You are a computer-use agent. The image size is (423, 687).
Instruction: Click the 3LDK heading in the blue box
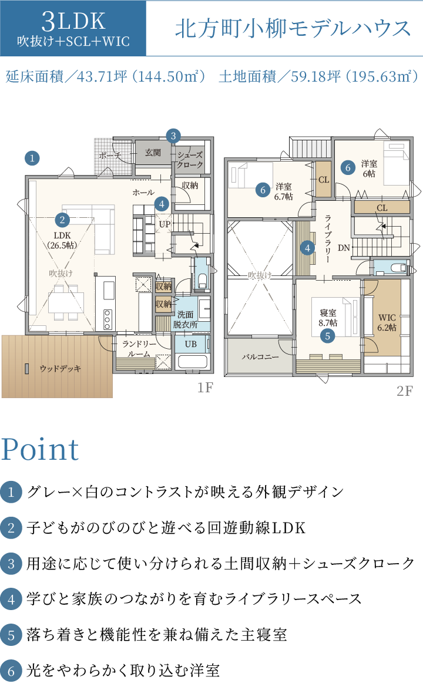[x=73, y=21]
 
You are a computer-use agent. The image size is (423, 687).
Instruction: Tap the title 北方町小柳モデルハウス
[x=293, y=29]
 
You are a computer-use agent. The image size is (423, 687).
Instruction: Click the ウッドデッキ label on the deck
[x=61, y=369]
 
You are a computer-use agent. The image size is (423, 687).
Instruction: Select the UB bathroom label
[x=191, y=344]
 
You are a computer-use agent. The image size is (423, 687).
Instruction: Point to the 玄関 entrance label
[x=153, y=153]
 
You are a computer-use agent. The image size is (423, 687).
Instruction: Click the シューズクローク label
[x=190, y=160]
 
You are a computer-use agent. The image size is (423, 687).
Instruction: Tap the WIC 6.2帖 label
[x=387, y=322]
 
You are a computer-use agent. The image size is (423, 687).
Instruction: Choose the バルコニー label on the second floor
[x=260, y=356]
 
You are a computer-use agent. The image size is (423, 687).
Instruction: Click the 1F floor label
[x=205, y=388]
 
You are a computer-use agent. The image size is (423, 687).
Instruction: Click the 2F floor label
[x=405, y=390]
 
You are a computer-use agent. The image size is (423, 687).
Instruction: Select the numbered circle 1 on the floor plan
[x=32, y=158]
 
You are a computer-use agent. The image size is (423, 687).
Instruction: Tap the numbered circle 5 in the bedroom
[x=327, y=336]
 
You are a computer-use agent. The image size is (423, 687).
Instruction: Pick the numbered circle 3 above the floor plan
[x=173, y=136]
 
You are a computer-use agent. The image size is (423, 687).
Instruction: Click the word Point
[x=40, y=449]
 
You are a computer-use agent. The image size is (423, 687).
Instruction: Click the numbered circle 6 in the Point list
[x=11, y=671]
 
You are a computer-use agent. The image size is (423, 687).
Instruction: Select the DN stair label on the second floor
[x=344, y=248]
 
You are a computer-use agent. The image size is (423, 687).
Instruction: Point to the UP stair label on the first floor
[x=164, y=224]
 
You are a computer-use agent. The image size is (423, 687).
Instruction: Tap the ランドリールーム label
[x=139, y=349]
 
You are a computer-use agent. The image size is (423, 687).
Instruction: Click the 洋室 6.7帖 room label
[x=284, y=192]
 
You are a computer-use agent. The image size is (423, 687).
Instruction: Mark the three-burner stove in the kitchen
[x=108, y=319]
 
